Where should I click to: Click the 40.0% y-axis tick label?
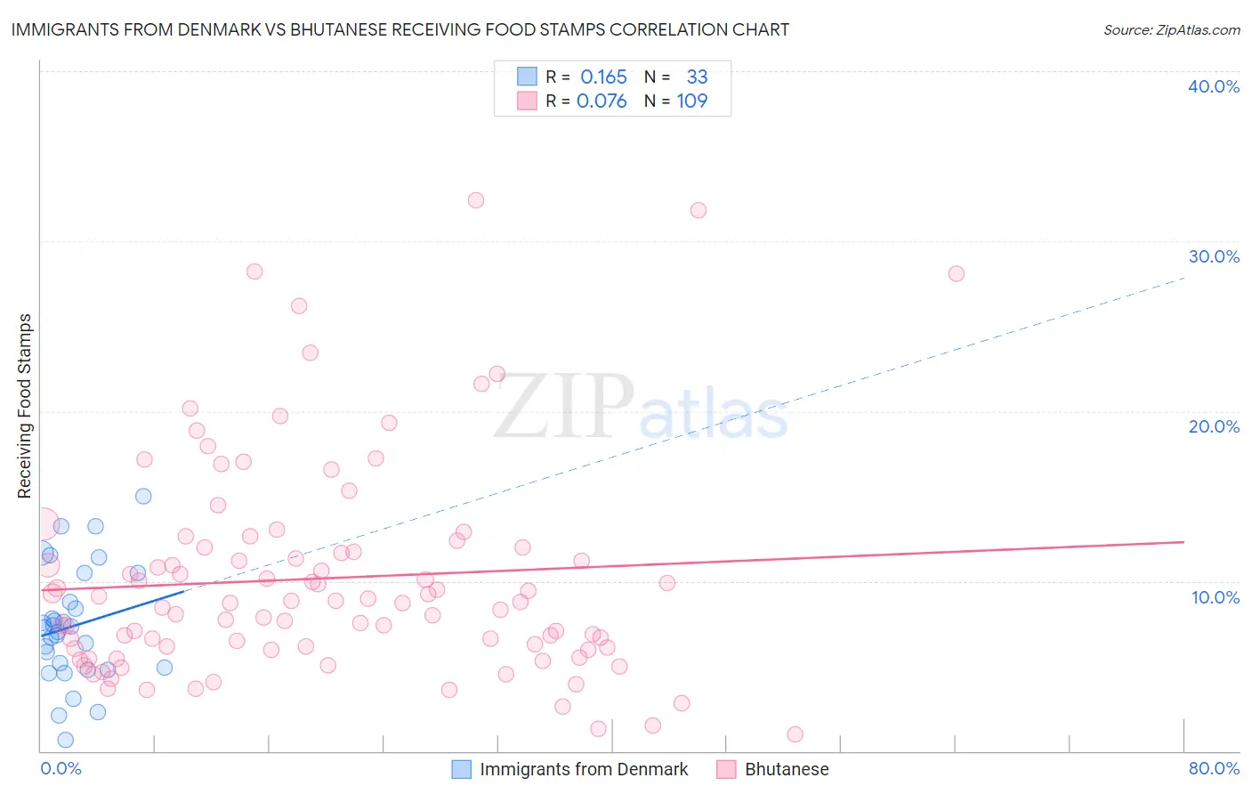pos(1214,86)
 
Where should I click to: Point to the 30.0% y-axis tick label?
pos(1214,256)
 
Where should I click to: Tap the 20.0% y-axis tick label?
pos(1214,426)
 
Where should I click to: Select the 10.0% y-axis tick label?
pos(1215,597)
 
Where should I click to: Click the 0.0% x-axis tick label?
pos(61,768)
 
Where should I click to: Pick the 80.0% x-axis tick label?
pos(1214,768)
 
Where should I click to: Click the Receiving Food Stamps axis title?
pos(24,406)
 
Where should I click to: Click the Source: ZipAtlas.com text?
pos(1171,29)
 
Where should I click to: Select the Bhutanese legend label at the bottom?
pos(787,769)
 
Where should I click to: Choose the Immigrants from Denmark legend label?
pos(584,769)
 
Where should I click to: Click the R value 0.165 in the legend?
pos(603,77)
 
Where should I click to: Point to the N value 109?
pos(692,101)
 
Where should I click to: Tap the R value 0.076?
pos(601,101)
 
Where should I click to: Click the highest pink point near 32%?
pos(476,200)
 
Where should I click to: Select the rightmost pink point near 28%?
pos(956,273)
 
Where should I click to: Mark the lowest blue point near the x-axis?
pos(65,740)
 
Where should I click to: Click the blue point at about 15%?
pos(143,496)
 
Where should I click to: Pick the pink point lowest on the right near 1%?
pos(795,734)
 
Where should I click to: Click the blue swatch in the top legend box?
pos(527,77)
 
